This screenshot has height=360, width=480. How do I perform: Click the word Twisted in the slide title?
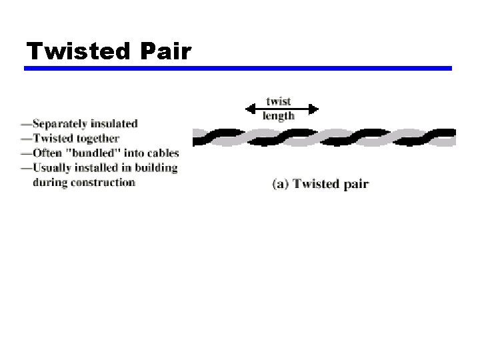pyautogui.click(x=78, y=51)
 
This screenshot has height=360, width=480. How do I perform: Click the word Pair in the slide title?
pyautogui.click(x=165, y=51)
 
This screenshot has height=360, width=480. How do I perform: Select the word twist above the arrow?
pyautogui.click(x=279, y=102)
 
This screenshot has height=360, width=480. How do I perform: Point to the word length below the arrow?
pyautogui.click(x=279, y=116)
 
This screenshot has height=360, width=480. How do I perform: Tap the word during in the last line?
pyautogui.click(x=46, y=182)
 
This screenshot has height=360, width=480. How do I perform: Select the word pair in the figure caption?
pyautogui.click(x=355, y=185)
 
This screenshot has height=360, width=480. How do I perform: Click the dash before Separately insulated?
pyautogui.click(x=26, y=123)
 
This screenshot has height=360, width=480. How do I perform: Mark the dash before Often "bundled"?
pyautogui.click(x=26, y=153)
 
